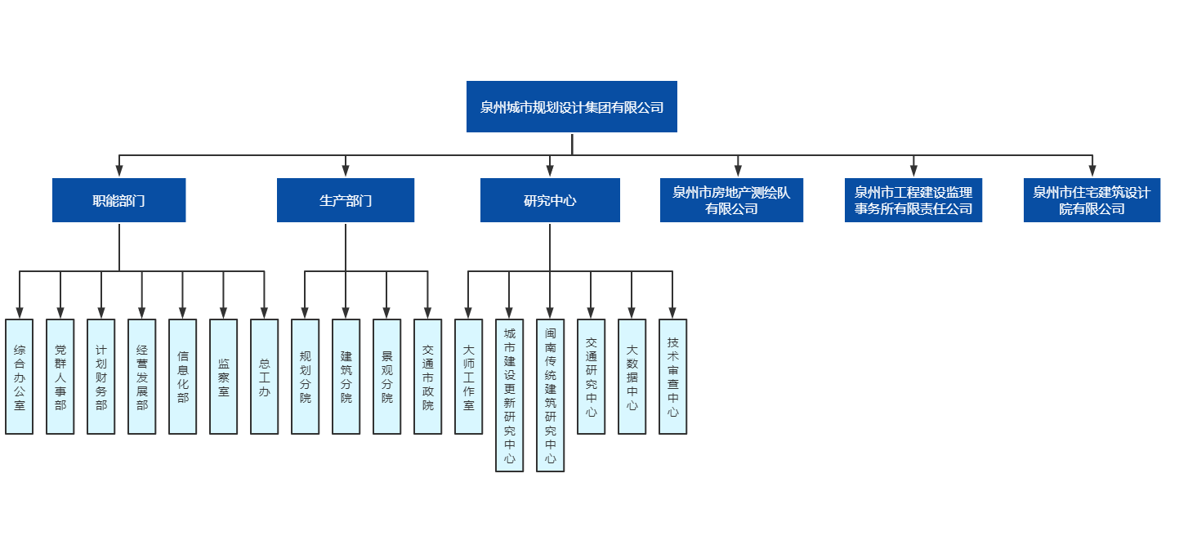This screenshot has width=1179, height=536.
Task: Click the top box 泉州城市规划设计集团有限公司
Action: (571, 106)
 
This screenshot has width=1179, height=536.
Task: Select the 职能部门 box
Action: (118, 200)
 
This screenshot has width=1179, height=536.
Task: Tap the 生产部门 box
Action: (345, 200)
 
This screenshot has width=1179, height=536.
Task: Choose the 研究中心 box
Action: (550, 200)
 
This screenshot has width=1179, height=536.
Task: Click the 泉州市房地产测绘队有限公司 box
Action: (731, 200)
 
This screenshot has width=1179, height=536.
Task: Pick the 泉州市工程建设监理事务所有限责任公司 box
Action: (913, 200)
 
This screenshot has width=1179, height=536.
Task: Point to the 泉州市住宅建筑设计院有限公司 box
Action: (1092, 200)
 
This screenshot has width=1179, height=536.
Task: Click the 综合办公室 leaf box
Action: (20, 377)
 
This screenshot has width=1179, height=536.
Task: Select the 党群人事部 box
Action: (60, 377)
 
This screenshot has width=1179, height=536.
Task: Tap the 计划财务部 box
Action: (101, 377)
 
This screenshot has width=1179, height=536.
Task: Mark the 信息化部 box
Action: (183, 377)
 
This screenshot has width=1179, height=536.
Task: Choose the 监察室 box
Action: (224, 377)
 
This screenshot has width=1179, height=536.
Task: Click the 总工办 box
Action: (265, 377)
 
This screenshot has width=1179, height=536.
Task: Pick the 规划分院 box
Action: (306, 377)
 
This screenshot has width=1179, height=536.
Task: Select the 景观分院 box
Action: (387, 377)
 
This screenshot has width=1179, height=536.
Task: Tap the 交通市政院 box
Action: (428, 377)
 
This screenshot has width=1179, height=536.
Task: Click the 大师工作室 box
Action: (469, 377)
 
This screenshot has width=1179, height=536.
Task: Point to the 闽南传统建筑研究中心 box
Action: (551, 395)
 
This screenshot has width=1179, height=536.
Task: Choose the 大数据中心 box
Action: (632, 377)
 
